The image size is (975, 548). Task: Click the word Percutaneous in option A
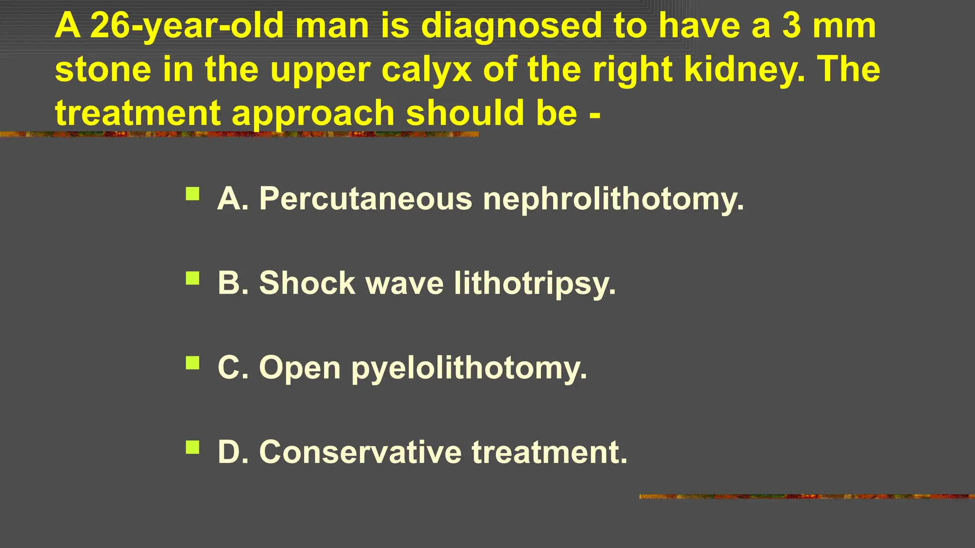tap(366, 198)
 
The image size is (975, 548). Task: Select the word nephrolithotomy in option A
tap(613, 198)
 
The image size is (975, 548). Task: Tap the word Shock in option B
tap(307, 283)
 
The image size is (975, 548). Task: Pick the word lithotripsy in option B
tap(535, 284)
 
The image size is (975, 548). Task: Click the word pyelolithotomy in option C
tap(469, 368)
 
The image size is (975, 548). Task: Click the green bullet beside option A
tap(193, 194)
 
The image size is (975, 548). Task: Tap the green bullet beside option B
tap(193, 278)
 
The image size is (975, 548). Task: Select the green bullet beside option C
tap(193, 363)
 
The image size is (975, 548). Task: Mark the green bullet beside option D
tap(193, 447)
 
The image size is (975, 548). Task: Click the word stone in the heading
tap(103, 70)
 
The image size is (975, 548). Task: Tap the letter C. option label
tap(233, 368)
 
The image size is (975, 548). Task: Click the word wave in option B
tap(404, 283)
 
